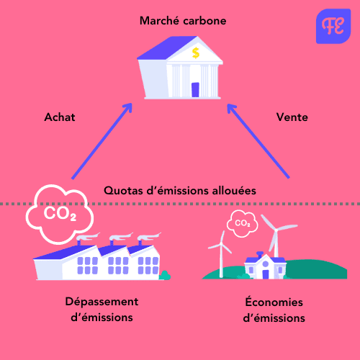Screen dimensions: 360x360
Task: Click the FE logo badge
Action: pyautogui.click(x=333, y=27)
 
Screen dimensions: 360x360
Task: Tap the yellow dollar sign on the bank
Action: pyautogui.click(x=196, y=53)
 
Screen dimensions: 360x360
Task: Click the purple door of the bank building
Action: pyautogui.click(x=195, y=90)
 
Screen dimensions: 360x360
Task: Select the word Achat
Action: pyautogui.click(x=60, y=117)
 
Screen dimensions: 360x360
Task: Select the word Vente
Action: pyautogui.click(x=292, y=117)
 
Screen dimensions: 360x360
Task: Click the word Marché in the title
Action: pyautogui.click(x=163, y=20)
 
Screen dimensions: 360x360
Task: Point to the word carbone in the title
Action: pyautogui.click(x=204, y=21)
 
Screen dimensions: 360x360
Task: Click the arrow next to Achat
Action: pyautogui.click(x=102, y=141)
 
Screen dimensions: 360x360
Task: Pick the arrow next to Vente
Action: pyautogui.click(x=258, y=141)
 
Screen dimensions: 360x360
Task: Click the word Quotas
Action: pyautogui.click(x=123, y=191)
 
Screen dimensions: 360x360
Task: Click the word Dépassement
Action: pyautogui.click(x=102, y=302)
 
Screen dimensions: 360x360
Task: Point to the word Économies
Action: pyautogui.click(x=274, y=302)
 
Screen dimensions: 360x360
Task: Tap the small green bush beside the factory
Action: pyautogui.click(x=165, y=276)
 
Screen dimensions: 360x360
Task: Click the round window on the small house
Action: pyautogui.click(x=266, y=264)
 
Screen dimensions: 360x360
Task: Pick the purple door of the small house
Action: pyautogui.click(x=266, y=274)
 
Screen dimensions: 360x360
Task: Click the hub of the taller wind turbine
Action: pyautogui.click(x=276, y=230)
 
